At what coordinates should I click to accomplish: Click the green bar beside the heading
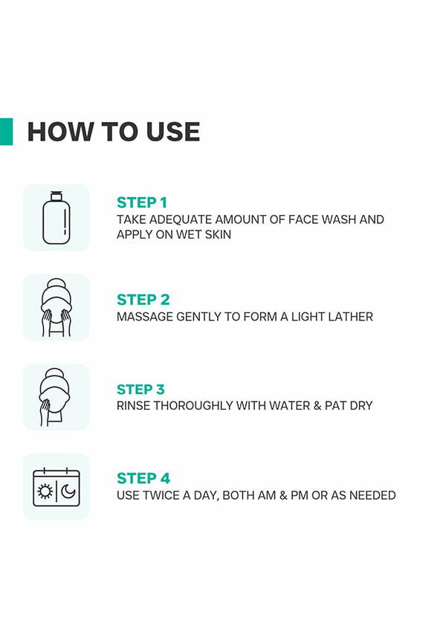point(6,132)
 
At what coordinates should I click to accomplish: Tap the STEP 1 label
point(142,202)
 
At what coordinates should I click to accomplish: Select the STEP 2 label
point(143,300)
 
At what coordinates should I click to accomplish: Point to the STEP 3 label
point(140,389)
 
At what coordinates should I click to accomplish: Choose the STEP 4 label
point(143,478)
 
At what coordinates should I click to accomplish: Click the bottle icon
point(56,218)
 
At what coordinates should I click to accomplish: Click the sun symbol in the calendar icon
point(45,492)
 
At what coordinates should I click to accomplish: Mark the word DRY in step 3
point(361,406)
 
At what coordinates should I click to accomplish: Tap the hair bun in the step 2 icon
point(56,285)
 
